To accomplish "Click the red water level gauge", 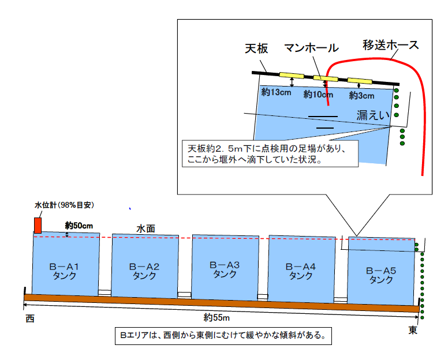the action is (x=38, y=225).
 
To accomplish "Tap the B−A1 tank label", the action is (x=64, y=271).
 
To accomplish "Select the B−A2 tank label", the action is (x=144, y=271).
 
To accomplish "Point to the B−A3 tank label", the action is (x=225, y=269).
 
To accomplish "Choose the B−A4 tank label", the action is (x=301, y=271).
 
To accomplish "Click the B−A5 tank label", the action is (x=381, y=275).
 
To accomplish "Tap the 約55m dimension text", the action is (x=216, y=317).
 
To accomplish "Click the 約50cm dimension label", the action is (x=79, y=226).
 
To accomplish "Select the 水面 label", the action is (x=145, y=228).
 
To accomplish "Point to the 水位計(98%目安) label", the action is (x=64, y=205).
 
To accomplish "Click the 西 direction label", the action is (x=30, y=318).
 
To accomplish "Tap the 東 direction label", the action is (x=413, y=331).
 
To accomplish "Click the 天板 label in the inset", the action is (x=256, y=48).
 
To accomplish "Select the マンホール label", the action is (x=311, y=48).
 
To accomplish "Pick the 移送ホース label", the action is (x=391, y=45).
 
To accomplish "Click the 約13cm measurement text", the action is (x=276, y=92).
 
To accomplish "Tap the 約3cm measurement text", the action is (x=361, y=96).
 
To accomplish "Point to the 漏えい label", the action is (x=373, y=115).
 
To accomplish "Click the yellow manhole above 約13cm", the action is (x=292, y=76).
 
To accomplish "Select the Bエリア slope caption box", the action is (x=223, y=336).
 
